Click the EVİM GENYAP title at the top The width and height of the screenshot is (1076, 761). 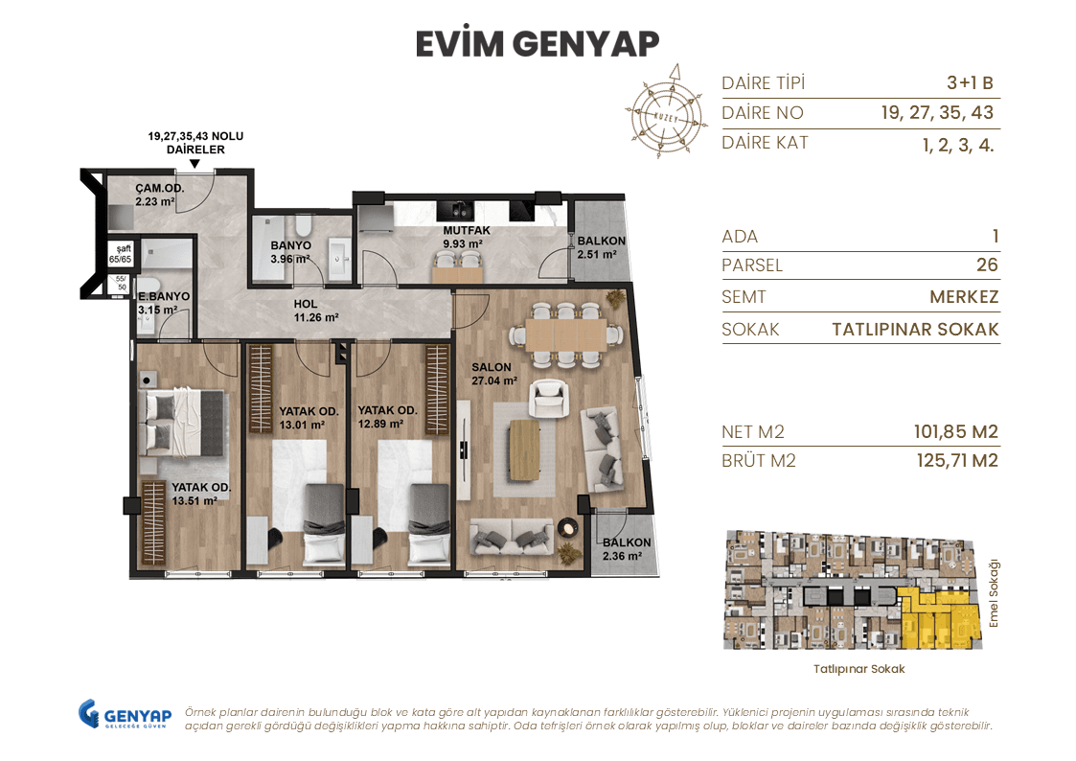tap(538, 44)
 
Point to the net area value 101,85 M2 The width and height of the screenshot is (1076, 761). tap(955, 432)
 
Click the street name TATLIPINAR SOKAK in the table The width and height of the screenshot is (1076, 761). tap(915, 330)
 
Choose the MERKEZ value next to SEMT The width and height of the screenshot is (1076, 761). tap(964, 297)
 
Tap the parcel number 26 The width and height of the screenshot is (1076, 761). tap(987, 265)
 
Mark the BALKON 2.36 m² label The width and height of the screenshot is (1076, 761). tap(627, 548)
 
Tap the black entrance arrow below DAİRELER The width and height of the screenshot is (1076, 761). tap(195, 164)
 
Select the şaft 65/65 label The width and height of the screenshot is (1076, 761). tap(121, 253)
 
